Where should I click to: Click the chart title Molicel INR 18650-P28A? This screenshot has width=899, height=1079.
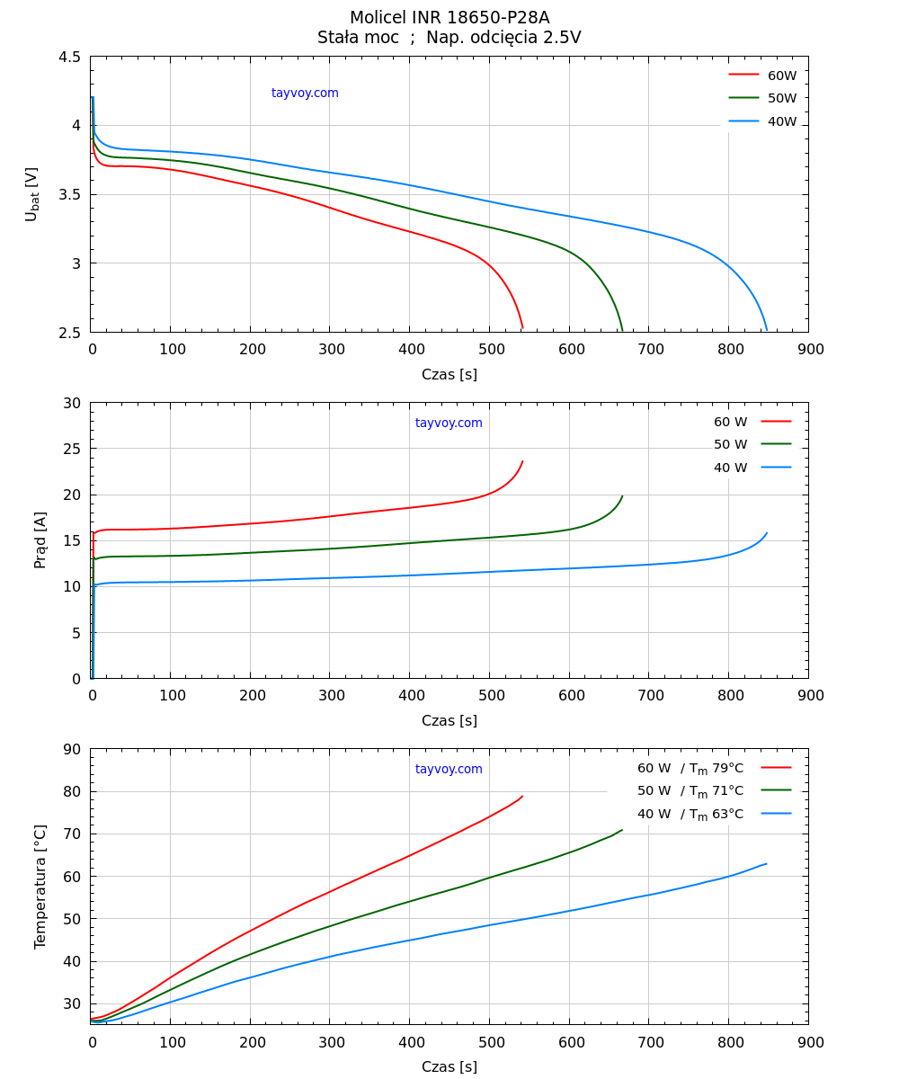[449, 18]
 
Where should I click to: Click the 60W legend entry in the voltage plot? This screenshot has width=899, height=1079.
[781, 76]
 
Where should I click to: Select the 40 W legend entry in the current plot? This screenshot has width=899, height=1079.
[730, 468]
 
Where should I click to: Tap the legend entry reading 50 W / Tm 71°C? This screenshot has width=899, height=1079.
[690, 791]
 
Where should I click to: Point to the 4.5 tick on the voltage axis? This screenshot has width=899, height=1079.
[70, 57]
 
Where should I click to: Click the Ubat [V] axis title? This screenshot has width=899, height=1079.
[32, 194]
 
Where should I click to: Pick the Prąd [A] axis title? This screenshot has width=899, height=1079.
[40, 539]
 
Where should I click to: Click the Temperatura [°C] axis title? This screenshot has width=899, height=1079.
[40, 886]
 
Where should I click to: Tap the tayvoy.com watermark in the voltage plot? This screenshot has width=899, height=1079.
[305, 94]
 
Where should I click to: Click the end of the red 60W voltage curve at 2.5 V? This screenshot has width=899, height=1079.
[522, 329]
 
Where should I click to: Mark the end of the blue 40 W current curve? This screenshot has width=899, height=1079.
[767, 532]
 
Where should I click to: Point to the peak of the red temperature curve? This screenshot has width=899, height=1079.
[522, 796]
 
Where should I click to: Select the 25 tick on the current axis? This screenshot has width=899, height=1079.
[70, 449]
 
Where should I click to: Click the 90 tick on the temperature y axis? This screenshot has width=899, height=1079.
[70, 749]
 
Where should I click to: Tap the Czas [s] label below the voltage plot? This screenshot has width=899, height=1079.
[449, 375]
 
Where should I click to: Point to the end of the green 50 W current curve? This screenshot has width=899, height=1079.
[622, 495]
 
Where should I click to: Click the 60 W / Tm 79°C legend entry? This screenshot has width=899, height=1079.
[690, 769]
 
